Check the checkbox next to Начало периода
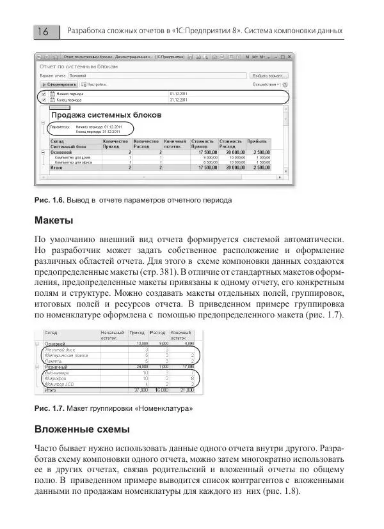click(44, 94)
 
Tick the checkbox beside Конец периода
click(44, 100)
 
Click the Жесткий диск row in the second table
click(59, 350)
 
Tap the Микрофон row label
click(57, 378)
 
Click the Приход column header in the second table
click(137, 333)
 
